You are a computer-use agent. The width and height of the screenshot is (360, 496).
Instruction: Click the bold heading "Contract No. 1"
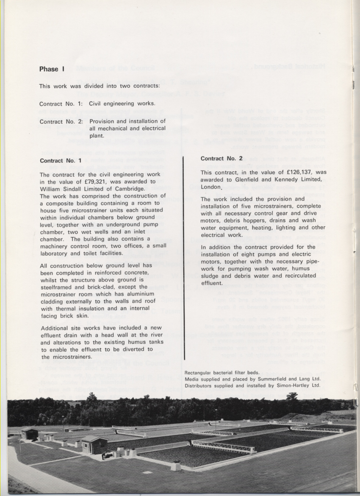point(61,161)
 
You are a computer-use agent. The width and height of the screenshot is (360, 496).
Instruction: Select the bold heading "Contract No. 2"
point(222,159)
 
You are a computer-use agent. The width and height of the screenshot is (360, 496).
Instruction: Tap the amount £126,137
point(297,172)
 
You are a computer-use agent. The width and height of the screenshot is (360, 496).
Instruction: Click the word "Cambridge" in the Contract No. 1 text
point(126,189)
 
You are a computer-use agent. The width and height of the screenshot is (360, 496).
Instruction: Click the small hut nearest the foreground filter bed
point(94,444)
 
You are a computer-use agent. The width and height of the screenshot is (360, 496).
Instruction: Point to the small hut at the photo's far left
point(30,433)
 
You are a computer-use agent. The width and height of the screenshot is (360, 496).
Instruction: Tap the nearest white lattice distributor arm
point(223,446)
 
